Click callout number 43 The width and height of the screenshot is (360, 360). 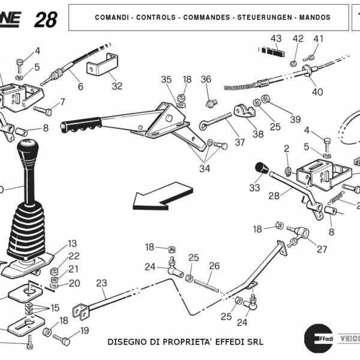275,39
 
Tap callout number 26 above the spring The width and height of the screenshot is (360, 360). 214,265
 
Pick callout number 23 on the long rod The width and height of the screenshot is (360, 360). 101,283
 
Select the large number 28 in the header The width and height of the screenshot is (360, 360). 46,20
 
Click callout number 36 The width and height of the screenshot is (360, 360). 206,79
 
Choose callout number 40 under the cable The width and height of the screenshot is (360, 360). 317,92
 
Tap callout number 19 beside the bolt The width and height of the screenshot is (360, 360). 84,330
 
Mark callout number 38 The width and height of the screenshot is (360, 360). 258,134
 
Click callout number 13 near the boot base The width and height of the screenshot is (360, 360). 72,244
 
